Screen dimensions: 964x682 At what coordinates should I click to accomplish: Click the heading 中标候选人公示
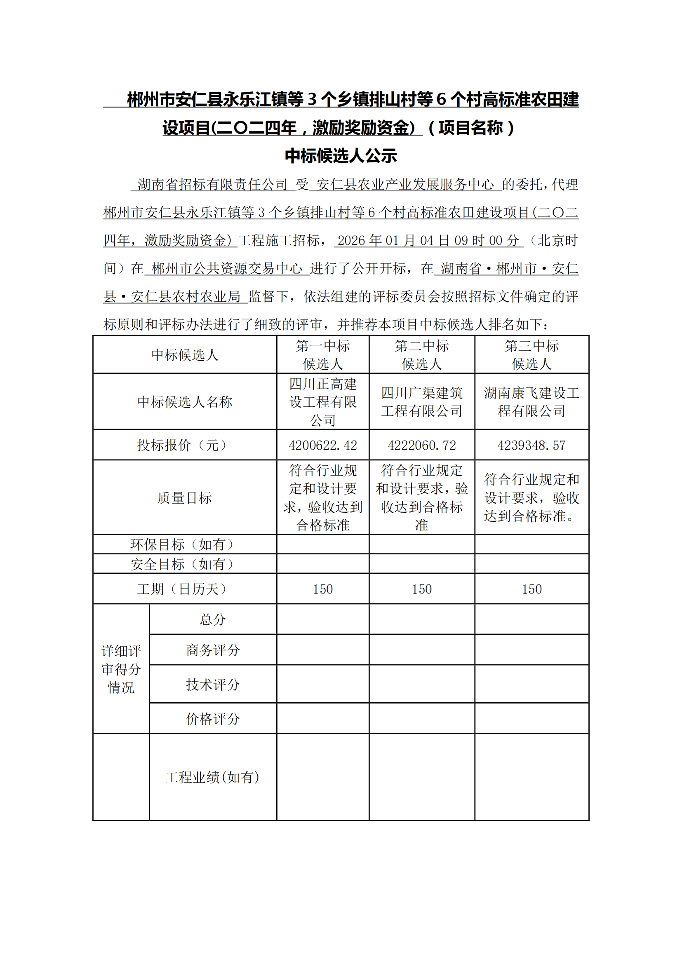[341, 156]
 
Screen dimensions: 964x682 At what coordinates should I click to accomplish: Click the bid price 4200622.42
[322, 445]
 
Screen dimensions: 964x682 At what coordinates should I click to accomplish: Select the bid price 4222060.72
[422, 445]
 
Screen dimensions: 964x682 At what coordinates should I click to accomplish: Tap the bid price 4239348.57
[531, 445]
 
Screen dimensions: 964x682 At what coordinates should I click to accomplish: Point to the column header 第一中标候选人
[322, 355]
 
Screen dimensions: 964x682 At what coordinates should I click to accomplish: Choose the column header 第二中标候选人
[422, 355]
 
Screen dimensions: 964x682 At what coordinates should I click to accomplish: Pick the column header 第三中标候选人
[531, 355]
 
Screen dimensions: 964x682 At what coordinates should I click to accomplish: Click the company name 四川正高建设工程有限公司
[322, 402]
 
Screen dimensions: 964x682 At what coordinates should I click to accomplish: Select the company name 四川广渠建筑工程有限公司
[422, 402]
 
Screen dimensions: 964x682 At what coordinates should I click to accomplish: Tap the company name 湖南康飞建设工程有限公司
[531, 402]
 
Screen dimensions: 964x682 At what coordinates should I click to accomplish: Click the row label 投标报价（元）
[184, 445]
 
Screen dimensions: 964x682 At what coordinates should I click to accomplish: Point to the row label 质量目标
[184, 498]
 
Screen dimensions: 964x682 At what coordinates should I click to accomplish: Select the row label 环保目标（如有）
[184, 544]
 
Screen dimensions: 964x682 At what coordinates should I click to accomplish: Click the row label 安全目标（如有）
[184, 564]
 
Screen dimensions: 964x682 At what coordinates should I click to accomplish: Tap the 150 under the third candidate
[531, 589]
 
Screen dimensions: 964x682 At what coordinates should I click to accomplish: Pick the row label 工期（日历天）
[184, 589]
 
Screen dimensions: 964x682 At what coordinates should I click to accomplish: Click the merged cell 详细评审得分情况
[121, 669]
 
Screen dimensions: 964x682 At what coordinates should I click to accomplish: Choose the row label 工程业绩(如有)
[212, 777]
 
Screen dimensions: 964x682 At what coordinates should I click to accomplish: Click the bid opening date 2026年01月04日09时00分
[428, 241]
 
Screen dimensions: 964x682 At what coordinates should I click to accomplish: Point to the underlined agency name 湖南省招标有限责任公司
[212, 184]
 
